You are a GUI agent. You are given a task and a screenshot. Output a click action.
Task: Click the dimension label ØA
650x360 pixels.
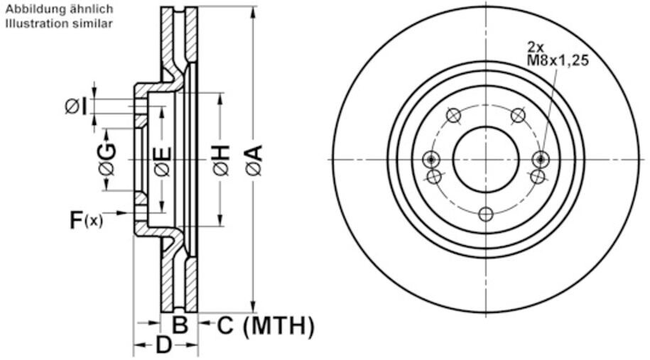254,160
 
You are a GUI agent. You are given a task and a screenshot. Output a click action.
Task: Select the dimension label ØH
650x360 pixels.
222,160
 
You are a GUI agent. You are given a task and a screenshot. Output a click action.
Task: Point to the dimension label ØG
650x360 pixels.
107,159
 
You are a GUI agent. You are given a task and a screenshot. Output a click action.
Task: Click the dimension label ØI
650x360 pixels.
76,107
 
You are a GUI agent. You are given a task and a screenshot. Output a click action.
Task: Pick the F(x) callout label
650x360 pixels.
86,219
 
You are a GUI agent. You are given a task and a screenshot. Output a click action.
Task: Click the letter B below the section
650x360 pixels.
180,324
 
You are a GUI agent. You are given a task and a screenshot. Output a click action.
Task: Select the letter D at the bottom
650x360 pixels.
164,344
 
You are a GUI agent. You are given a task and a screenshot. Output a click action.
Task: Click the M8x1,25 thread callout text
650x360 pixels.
558,60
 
